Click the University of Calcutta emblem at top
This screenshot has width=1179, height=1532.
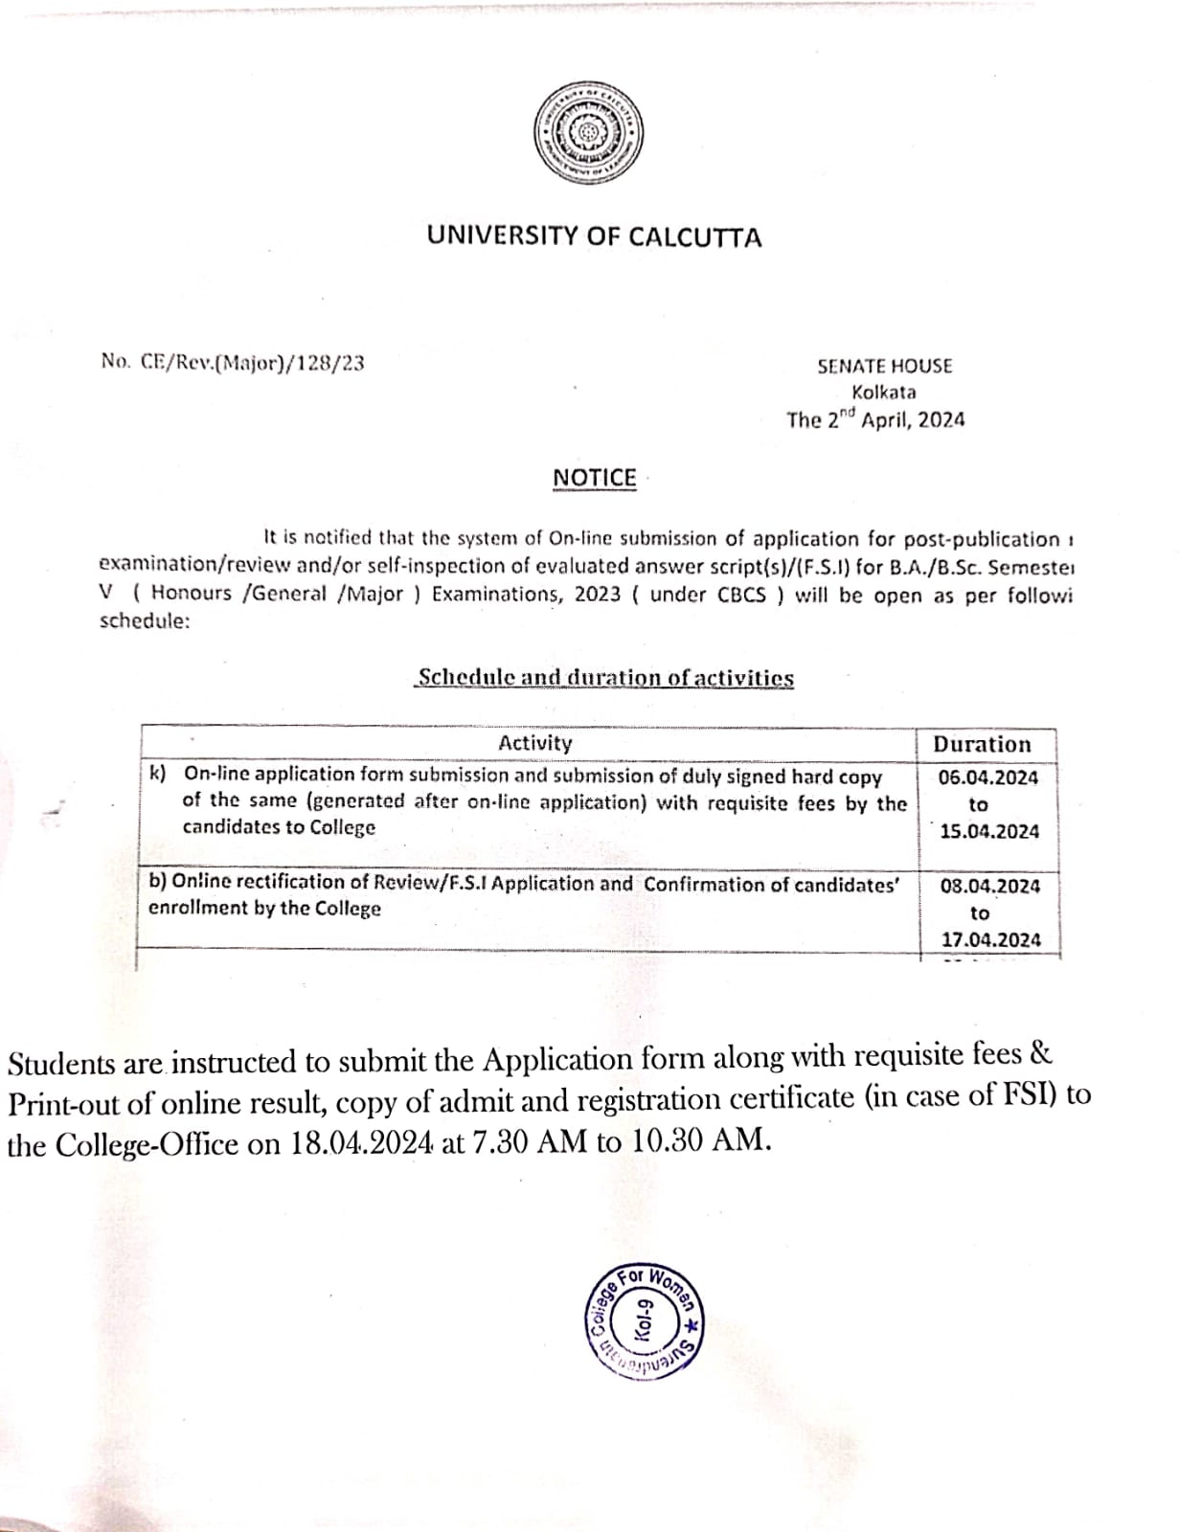[x=589, y=134]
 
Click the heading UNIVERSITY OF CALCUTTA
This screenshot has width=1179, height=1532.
[x=594, y=237]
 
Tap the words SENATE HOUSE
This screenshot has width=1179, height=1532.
[x=884, y=366]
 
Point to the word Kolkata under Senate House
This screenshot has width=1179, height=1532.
[x=883, y=393]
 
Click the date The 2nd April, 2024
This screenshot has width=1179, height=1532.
[x=875, y=419]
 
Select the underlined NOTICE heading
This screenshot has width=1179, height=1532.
[x=594, y=478]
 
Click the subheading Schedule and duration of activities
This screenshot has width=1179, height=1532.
[x=605, y=678]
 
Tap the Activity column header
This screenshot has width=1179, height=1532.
[x=534, y=743]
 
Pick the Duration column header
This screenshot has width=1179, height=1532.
[x=982, y=744]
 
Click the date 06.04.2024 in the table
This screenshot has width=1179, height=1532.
[x=987, y=777]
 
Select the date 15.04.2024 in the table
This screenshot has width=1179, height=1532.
[x=988, y=831]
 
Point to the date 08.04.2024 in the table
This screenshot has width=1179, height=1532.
[x=989, y=886]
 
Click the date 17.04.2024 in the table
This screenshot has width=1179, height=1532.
[x=990, y=939]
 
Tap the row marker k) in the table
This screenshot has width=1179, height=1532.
[x=157, y=773]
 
